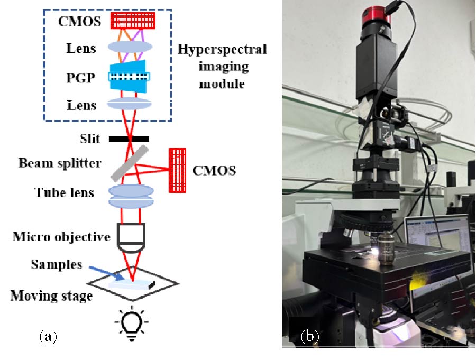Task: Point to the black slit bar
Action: [129, 139]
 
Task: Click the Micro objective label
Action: [61, 236]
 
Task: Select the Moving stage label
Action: [51, 296]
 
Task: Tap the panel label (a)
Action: [48, 335]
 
